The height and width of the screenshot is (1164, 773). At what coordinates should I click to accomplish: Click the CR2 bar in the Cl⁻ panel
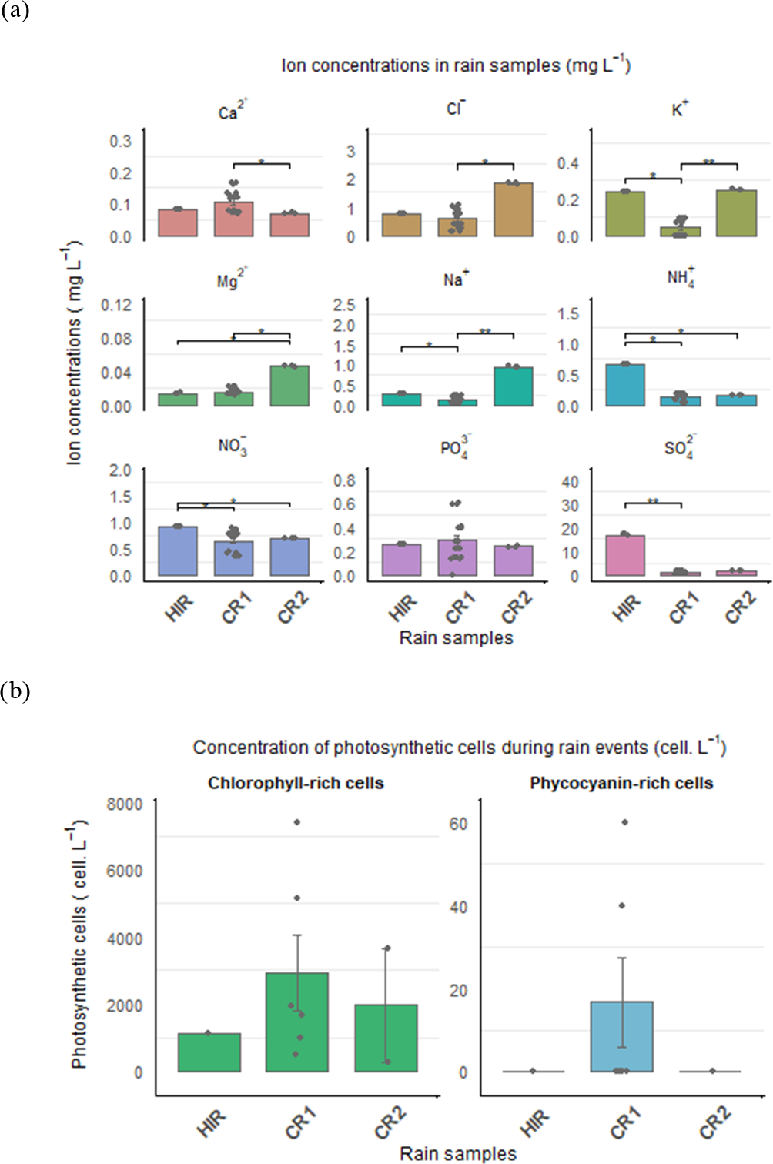514,209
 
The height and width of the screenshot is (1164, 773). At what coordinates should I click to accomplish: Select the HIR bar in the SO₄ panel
625,555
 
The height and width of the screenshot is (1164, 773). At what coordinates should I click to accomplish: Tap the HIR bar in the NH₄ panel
625,385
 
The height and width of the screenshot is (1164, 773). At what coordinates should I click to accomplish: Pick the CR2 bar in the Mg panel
289,386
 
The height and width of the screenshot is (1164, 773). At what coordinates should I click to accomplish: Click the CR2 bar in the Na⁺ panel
514,386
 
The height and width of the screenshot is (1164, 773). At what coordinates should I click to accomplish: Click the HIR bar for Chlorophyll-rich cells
209,1052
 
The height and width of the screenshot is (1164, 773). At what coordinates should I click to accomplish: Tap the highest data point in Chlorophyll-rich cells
296,822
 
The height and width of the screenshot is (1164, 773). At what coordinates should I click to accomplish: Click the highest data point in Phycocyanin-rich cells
624,822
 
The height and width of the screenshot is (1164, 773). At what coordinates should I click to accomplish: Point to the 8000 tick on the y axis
125,804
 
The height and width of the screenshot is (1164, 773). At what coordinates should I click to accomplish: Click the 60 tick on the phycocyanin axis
458,824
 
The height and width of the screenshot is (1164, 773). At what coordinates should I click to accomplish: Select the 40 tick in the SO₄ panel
570,482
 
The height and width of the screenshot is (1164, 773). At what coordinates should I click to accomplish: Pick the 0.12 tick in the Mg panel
116,305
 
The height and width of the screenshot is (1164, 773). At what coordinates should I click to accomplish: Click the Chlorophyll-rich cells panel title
296,783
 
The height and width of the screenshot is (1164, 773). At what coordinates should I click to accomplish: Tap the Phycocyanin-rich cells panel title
621,783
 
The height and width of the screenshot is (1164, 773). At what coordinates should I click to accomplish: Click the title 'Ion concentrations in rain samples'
456,65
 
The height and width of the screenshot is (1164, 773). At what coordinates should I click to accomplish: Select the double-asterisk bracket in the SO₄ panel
653,503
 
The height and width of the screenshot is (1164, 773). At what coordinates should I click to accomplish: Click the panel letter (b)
15,691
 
